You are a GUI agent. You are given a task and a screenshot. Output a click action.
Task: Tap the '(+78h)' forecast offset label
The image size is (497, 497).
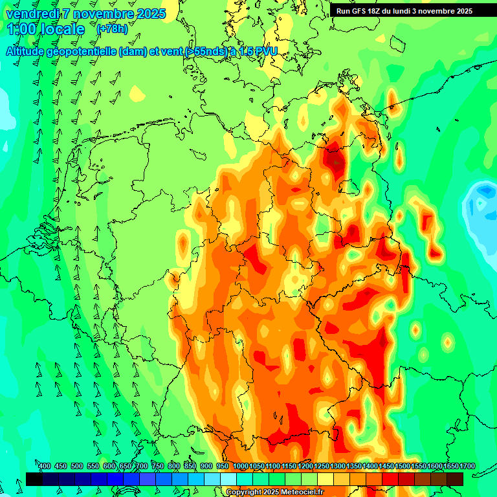(x=112, y=29)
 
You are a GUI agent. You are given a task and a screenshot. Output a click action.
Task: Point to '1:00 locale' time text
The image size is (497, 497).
(x=46, y=29)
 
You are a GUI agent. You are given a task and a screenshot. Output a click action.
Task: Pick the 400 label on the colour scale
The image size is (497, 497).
(x=45, y=467)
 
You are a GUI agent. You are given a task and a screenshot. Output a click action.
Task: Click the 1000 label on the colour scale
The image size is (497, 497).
(x=240, y=467)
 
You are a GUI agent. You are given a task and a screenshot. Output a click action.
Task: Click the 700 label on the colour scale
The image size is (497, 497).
(x=142, y=467)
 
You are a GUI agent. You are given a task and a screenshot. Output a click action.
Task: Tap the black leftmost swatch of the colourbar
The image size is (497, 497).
(x=34, y=479)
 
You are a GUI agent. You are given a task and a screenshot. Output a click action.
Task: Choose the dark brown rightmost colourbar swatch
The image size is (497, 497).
(x=455, y=479)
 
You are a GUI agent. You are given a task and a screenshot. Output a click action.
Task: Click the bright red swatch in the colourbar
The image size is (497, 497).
(x=390, y=479)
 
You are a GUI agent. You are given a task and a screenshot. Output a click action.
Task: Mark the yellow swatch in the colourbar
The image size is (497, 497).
(x=326, y=479)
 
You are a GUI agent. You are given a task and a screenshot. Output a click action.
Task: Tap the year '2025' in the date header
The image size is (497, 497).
(x=151, y=14)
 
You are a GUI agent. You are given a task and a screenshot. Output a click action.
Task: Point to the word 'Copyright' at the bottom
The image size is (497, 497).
(x=244, y=492)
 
